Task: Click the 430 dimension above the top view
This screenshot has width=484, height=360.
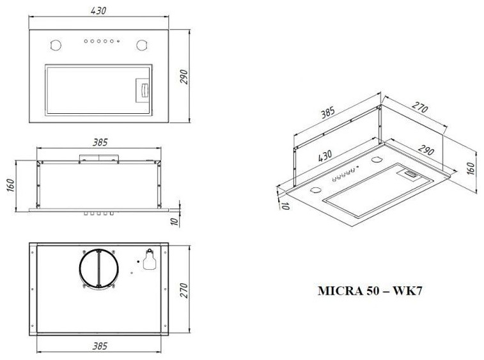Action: click(98, 10)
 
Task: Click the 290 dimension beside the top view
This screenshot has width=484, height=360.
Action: click(183, 77)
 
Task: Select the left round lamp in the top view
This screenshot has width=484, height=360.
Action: click(56, 45)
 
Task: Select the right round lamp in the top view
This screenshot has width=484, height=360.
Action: click(142, 45)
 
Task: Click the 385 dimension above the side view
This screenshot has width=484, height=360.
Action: click(100, 143)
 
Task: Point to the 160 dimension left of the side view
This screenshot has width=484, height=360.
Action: click(10, 185)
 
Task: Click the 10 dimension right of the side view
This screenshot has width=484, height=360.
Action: click(175, 221)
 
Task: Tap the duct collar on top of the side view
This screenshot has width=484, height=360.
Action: click(98, 158)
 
